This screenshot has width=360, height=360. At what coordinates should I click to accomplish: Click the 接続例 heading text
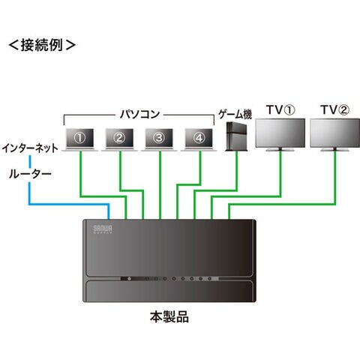pyautogui.click(x=42, y=45)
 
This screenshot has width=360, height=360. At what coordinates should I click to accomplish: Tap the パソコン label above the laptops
pyautogui.click(x=139, y=114)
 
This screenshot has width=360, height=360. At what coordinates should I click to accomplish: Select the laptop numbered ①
pyautogui.click(x=79, y=139)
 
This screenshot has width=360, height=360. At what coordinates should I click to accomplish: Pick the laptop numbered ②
pyautogui.click(x=119, y=139)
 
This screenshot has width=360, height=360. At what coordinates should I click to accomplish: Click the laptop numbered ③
pyautogui.click(x=159, y=139)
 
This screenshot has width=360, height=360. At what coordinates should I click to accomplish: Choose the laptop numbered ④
pyautogui.click(x=199, y=139)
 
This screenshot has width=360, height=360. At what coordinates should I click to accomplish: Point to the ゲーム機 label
pyautogui.click(x=235, y=114)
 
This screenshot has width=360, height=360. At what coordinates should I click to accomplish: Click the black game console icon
pyautogui.click(x=236, y=136)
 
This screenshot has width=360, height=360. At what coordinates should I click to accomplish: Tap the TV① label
pyautogui.click(x=280, y=109)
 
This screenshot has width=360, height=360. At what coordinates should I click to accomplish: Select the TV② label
pyautogui.click(x=335, y=109)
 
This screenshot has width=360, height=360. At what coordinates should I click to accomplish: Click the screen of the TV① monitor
pyautogui.click(x=280, y=133)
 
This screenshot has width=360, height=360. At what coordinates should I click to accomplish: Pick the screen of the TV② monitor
pyautogui.click(x=335, y=133)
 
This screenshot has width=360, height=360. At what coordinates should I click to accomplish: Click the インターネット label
pyautogui.click(x=30, y=148)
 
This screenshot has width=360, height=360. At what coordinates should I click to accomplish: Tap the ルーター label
pyautogui.click(x=30, y=174)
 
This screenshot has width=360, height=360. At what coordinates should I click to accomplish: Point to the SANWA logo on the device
pyautogui.click(x=103, y=229)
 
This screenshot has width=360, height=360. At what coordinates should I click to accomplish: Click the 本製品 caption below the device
pyautogui.click(x=169, y=316)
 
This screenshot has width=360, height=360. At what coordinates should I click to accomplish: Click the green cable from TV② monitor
pyautogui.click(x=283, y=205)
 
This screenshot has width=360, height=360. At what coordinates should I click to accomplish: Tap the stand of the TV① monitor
pyautogui.click(x=280, y=149)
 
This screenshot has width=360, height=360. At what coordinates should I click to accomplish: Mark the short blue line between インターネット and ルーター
pyautogui.click(x=30, y=161)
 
